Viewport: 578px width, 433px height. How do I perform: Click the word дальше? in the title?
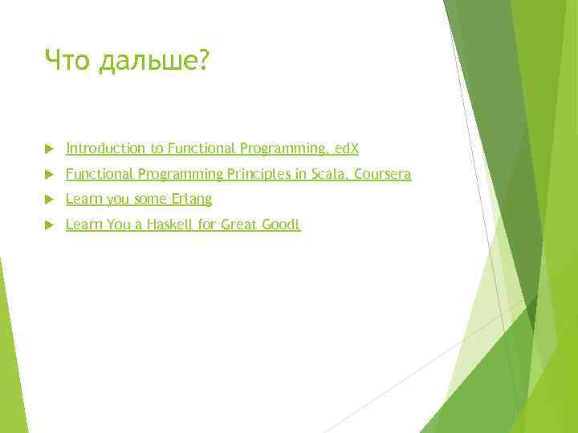coord(153,62)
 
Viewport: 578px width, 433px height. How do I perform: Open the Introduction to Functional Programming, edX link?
coord(212,148)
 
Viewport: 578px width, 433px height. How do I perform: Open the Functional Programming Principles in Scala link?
coord(238,174)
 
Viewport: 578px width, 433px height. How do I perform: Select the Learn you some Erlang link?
coord(138,200)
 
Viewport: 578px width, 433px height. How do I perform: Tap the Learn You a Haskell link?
coord(182,225)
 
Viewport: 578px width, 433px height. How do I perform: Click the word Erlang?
coord(192,200)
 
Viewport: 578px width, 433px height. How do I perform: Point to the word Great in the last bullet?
coord(240,225)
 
